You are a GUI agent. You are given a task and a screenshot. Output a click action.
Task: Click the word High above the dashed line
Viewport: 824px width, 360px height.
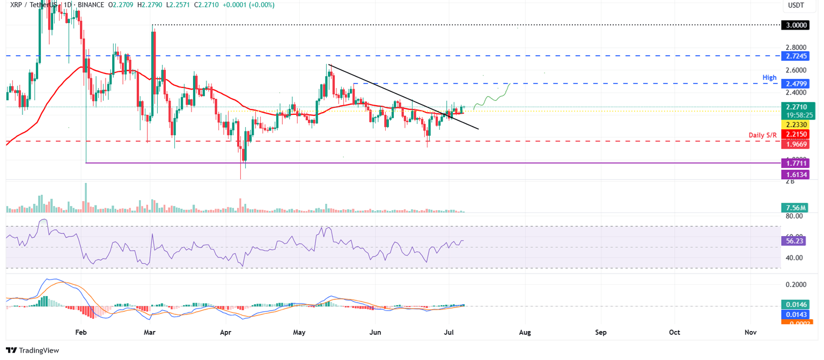tap(769, 78)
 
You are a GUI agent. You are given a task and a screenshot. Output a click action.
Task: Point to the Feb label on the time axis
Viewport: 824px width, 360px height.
tap(81, 333)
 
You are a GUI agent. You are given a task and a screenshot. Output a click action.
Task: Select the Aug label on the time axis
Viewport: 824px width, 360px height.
tap(525, 333)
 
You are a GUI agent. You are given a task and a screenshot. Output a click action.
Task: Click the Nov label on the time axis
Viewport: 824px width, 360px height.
tap(751, 333)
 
